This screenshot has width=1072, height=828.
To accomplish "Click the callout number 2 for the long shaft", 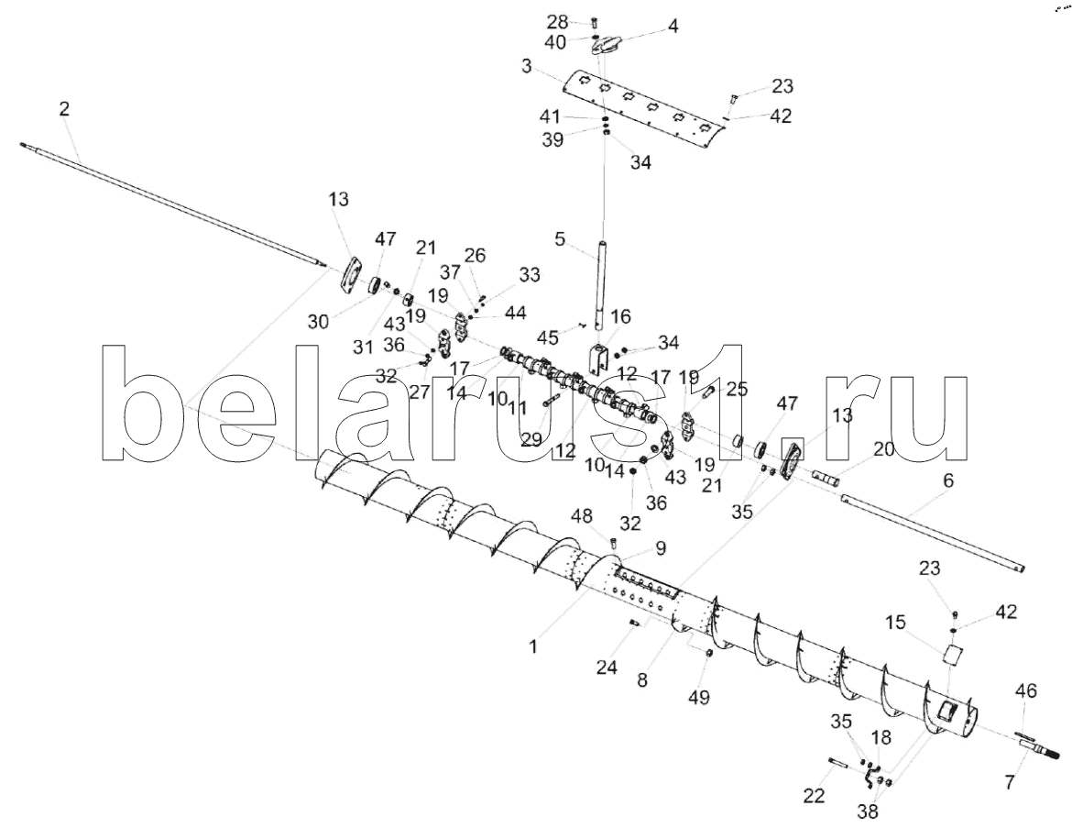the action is pos(64,109).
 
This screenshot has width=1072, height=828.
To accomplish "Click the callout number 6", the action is pos(947,480).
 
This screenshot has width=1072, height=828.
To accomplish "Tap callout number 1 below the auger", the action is pos(534,646).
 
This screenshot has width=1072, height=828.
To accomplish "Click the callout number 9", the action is pos(660,548).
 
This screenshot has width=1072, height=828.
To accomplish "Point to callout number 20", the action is pos(883,449).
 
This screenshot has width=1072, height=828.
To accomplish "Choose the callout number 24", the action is pos(607,667).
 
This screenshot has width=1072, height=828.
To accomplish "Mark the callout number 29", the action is pos(531,439).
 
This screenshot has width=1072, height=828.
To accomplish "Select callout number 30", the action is pos(319,321).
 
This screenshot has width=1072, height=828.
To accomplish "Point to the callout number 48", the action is pos(583,516).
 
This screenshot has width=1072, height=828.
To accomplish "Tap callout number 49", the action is pos(699,697).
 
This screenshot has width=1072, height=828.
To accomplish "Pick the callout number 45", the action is pos(547,337).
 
